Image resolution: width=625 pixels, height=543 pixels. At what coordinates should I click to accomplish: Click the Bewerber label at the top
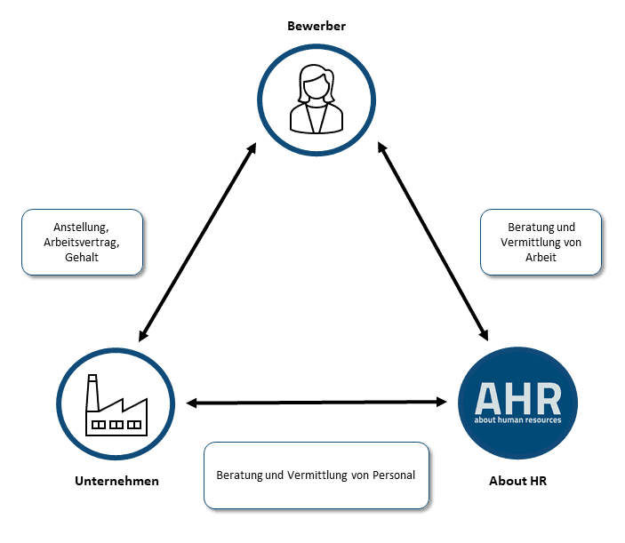point(316,26)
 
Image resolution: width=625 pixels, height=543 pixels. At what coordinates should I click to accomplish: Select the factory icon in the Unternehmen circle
point(114,407)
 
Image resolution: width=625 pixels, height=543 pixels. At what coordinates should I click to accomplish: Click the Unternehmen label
point(116,481)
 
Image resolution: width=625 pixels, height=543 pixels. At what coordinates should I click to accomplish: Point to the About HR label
point(517,481)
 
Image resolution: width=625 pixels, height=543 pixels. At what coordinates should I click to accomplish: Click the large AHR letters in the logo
point(517,396)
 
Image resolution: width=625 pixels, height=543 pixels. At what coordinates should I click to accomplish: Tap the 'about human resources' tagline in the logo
point(518,419)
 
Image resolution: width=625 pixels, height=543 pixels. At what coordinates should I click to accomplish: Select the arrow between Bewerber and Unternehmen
point(197,242)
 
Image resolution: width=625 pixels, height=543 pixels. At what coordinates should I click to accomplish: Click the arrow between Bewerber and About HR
point(434,240)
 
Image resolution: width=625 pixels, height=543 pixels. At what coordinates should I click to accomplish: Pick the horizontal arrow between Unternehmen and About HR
point(317,403)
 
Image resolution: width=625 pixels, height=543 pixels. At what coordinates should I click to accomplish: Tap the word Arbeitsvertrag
point(82,242)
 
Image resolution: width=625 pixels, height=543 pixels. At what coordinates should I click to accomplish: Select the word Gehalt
point(82,257)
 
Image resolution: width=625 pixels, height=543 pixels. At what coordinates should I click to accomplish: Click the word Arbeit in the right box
point(541,257)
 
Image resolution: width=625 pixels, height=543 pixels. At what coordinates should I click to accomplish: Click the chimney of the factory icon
point(92,388)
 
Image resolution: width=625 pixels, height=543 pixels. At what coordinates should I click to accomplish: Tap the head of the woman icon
point(316,84)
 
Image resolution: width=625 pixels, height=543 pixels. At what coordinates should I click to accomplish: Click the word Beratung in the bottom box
point(239,475)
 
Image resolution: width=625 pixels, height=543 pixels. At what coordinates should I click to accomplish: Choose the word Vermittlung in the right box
point(525,242)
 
